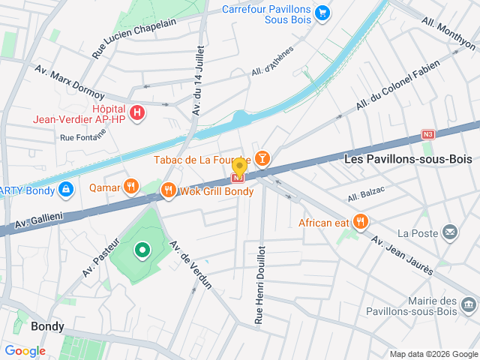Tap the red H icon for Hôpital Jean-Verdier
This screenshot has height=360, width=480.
click(x=136, y=113)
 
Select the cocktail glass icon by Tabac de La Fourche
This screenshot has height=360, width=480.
click(x=262, y=158)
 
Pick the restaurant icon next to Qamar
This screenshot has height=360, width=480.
click(x=131, y=186)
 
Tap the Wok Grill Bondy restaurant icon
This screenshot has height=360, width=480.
click(x=168, y=190)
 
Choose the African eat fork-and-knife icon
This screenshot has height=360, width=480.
click(x=361, y=221)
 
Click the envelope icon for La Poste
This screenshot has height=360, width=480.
click(x=449, y=232)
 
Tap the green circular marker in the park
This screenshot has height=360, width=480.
click(x=141, y=250)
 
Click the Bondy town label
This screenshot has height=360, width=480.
click(x=47, y=327)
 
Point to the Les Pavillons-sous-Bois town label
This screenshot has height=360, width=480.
click(x=408, y=159)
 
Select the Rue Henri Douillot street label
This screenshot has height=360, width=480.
click(x=259, y=284)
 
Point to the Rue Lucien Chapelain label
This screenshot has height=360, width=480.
click(x=133, y=39)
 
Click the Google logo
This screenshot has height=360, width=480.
click(x=25, y=350)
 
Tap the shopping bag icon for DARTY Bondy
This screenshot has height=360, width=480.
click(x=66, y=189)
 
